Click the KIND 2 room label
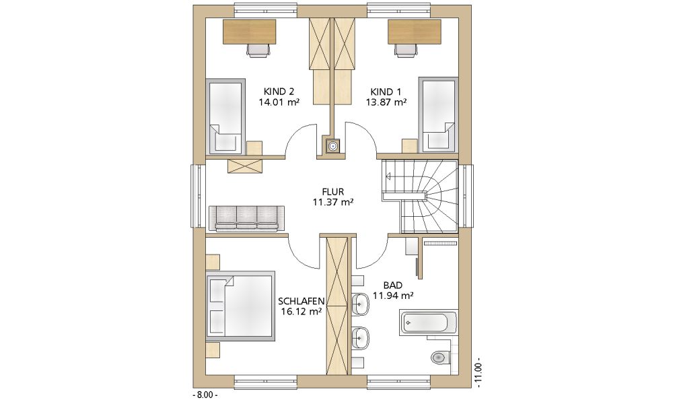279,92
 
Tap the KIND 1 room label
386,92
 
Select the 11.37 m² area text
333,202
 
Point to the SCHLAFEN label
301,301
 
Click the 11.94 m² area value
393,296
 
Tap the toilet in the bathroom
439,357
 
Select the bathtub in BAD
429,323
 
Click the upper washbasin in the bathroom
360,304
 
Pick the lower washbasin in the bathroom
360,337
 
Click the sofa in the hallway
246,219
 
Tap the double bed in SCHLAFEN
240,306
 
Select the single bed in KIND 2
225,116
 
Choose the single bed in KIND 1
438,114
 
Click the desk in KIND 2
250,32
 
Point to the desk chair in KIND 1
406,50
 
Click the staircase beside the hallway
420,196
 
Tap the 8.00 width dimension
205,395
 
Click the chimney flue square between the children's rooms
332,146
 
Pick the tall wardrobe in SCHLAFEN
337,305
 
